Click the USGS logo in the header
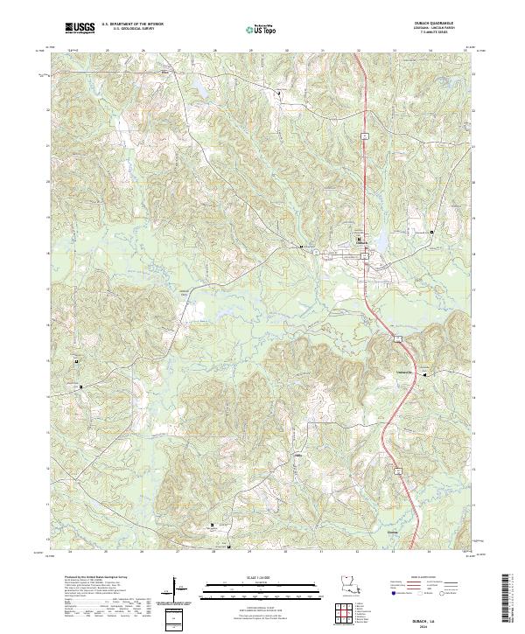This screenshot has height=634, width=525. click(80, 28)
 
